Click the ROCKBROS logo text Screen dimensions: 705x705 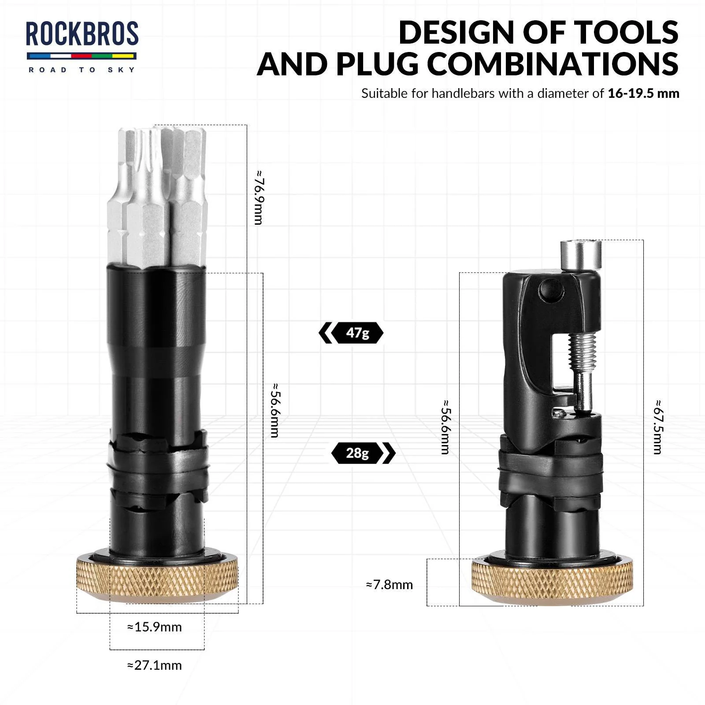point(82,34)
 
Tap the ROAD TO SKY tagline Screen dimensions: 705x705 point(82,70)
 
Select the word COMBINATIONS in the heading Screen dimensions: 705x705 point(553,64)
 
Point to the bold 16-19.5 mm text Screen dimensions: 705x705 point(643,93)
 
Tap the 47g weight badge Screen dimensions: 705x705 point(357,333)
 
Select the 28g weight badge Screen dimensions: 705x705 point(357,453)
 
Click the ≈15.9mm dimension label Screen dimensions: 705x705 point(155,627)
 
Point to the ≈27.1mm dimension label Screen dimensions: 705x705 point(155,665)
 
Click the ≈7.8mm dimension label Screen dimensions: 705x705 point(390,585)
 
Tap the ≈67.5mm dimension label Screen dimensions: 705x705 point(657,427)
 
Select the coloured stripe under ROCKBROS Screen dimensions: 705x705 point(82,56)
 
